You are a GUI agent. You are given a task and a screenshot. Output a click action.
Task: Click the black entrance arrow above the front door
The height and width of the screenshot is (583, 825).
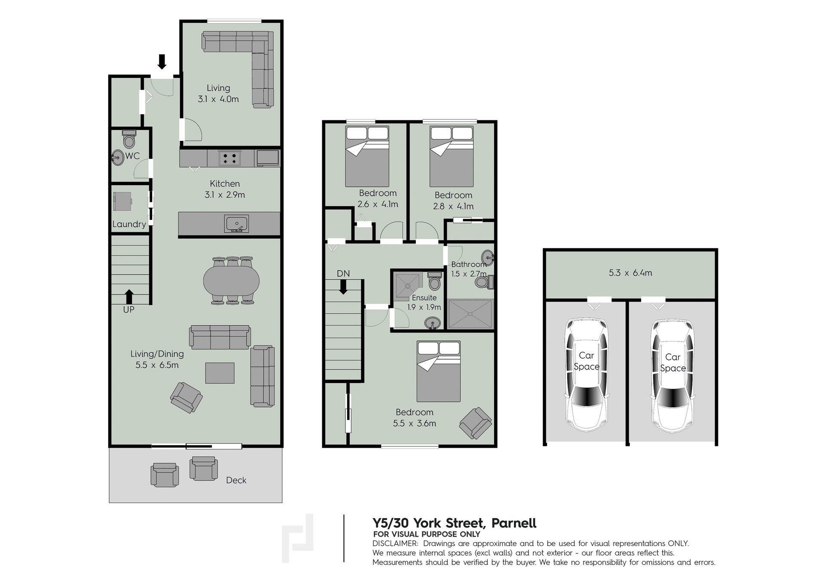tap(162, 61)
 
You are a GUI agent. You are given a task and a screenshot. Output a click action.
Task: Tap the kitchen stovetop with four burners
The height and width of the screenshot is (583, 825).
tap(229, 158)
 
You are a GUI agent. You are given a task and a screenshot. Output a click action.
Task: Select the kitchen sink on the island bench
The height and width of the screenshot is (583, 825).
tap(236, 224)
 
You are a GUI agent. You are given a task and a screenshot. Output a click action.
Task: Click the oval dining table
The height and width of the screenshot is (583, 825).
tap(231, 281)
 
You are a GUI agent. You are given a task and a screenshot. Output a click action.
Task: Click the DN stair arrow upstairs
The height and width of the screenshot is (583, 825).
tap(343, 287)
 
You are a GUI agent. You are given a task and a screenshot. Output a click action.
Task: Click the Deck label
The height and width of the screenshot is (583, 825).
tap(236, 480)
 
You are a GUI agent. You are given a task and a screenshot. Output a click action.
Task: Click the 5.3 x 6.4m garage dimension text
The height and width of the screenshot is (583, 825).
tap(630, 273)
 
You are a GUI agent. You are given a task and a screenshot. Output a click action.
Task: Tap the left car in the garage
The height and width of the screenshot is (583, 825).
tap(586, 375)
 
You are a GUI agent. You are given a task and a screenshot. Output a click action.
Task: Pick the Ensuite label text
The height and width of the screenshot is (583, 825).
tap(424, 298)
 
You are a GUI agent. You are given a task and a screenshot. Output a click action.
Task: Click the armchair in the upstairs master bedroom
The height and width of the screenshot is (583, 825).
tap(475, 423)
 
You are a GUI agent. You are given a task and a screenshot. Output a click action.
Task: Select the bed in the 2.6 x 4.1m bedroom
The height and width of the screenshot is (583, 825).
tap(367, 156)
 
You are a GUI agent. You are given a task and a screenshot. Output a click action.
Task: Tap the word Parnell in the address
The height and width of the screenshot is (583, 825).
tap(514, 523)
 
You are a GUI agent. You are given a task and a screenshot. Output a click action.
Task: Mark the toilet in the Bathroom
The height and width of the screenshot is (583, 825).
tap(485, 282)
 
